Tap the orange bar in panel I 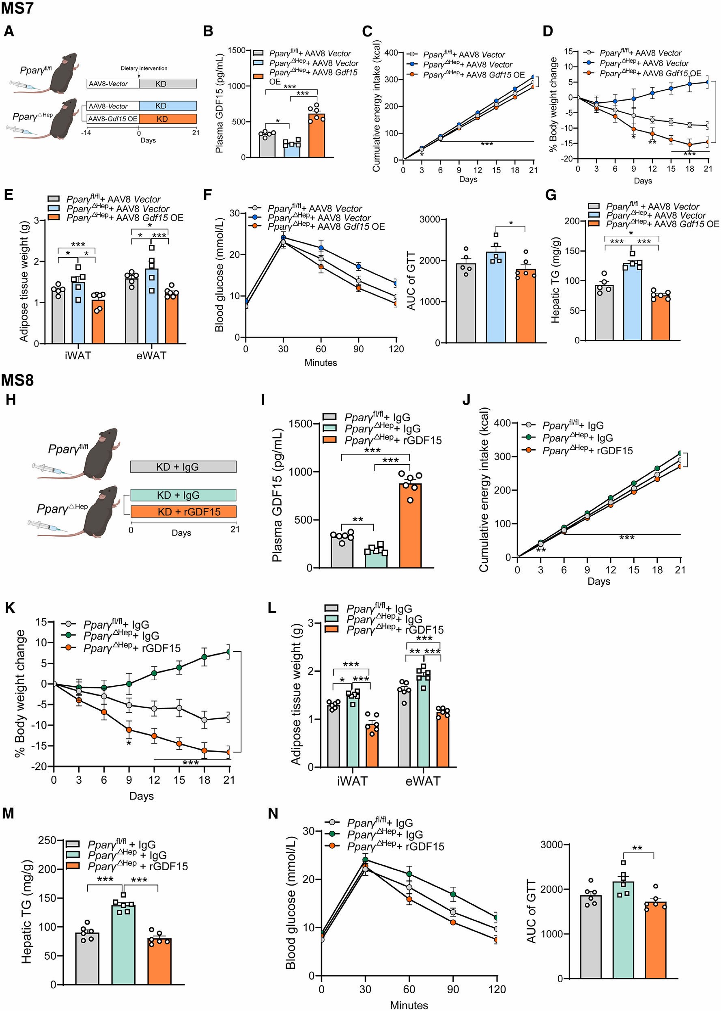[410, 526]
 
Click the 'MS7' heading [17, 8]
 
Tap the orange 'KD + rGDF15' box [183, 511]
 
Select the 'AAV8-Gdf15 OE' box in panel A [113, 119]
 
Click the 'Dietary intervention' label [144, 68]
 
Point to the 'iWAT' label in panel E [77, 356]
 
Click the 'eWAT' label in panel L [423, 781]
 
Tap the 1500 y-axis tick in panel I [300, 424]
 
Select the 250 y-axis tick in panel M [47, 840]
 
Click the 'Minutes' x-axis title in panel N [409, 1005]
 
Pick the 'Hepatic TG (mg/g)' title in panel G [555, 280]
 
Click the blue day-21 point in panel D [708, 82]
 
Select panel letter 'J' [466, 400]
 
